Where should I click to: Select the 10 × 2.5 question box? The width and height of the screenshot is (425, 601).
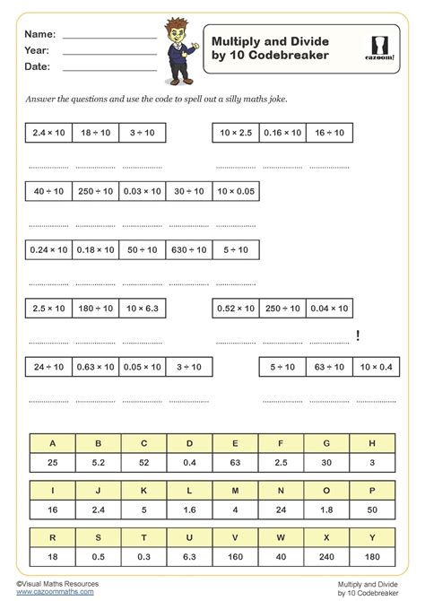(235, 132)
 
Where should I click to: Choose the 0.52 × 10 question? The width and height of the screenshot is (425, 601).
(235, 308)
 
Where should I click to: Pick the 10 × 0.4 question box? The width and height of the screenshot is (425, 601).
(376, 366)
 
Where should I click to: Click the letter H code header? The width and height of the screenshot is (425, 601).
(372, 442)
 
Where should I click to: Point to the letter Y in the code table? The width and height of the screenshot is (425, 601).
(372, 536)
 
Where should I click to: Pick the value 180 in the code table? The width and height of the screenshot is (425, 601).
(372, 556)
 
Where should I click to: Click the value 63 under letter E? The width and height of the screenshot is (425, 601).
(235, 461)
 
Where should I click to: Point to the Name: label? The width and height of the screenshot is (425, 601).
(42, 33)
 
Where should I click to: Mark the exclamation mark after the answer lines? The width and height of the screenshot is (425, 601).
(358, 335)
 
